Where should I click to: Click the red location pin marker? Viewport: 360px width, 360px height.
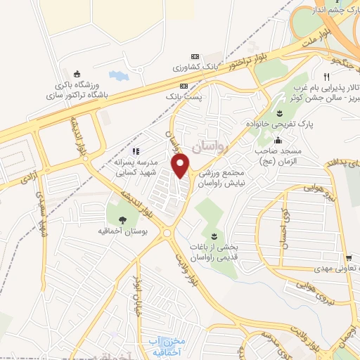[181, 166]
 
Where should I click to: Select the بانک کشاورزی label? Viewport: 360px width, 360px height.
[197, 68]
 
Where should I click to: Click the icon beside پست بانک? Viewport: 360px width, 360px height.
[184, 86]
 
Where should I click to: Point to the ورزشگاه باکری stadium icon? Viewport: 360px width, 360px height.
[78, 72]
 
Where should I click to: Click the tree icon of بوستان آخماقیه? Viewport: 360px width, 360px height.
[123, 219]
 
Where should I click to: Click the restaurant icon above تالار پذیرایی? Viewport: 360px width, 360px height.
[326, 77]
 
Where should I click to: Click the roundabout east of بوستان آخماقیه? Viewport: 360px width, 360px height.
[167, 233]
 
